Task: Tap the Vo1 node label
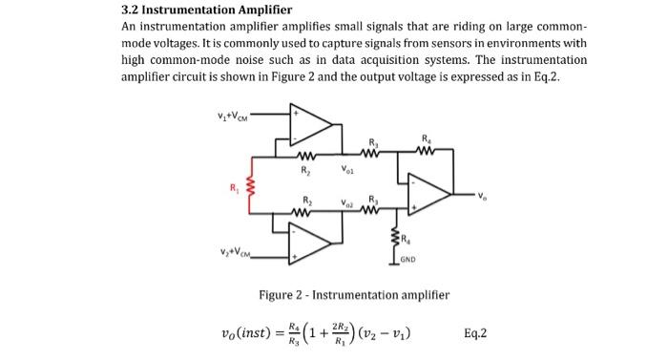(348, 173)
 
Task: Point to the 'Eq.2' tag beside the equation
(474, 333)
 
